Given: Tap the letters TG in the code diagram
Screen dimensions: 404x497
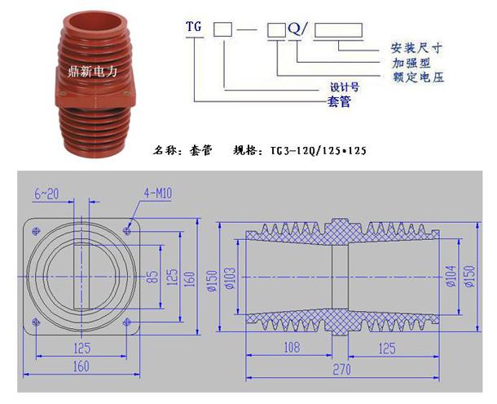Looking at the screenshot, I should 193,25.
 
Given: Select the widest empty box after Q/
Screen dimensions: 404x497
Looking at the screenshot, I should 338,31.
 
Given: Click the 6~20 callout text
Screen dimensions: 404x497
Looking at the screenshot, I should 46,193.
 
